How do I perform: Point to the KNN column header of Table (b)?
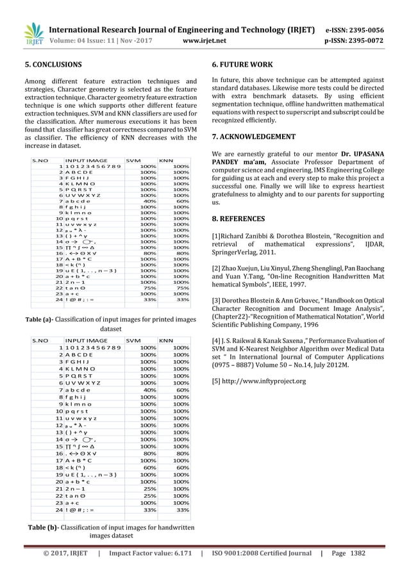tap(166, 341)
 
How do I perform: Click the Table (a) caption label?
tap(40, 318)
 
